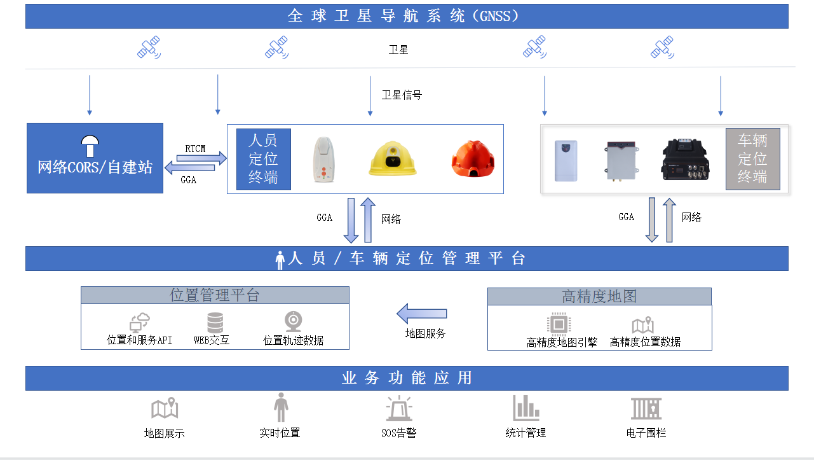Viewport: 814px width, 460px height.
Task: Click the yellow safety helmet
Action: [393, 158]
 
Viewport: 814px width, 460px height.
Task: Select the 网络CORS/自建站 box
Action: [95, 158]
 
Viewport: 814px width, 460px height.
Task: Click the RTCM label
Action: [195, 149]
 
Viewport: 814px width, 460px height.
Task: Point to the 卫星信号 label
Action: [402, 95]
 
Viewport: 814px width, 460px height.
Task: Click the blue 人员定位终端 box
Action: [263, 159]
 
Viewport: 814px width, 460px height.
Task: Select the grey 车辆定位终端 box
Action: [752, 159]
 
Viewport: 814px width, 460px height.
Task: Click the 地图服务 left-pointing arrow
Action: [422, 314]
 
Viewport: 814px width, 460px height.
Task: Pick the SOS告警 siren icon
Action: [399, 408]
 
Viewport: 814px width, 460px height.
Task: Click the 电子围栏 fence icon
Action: [646, 408]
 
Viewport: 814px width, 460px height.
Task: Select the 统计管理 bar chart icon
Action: [526, 408]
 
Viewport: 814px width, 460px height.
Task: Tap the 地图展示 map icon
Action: [165, 409]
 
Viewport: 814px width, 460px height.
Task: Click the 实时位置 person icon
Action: [280, 407]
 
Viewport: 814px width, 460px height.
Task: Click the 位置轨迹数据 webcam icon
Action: [293, 322]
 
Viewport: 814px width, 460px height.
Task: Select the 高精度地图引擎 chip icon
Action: [558, 324]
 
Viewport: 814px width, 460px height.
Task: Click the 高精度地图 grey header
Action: [599, 296]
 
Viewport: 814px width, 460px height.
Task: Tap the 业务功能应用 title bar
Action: [407, 378]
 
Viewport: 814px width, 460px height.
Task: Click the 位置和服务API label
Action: [139, 340]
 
